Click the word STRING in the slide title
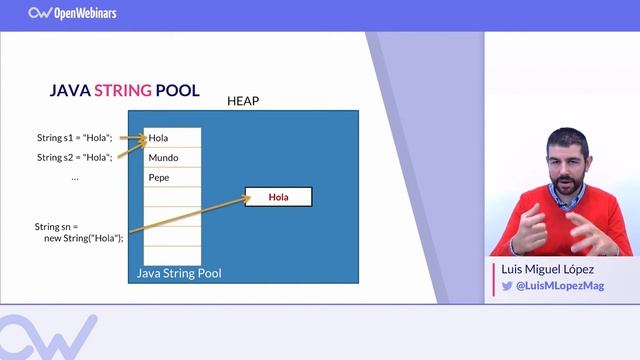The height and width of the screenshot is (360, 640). [123, 90]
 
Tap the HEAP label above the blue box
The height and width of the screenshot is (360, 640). [243, 101]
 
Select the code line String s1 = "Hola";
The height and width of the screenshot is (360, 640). [75, 137]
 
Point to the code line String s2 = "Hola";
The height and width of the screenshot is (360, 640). [75, 157]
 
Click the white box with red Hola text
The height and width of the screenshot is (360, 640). [278, 197]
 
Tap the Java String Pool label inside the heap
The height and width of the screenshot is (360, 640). [179, 273]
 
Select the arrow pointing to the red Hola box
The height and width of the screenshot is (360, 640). [190, 215]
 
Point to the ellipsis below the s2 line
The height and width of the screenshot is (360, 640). [75, 177]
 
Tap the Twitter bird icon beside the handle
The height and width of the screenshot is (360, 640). [507, 286]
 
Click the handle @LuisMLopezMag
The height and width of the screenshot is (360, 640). [554, 286]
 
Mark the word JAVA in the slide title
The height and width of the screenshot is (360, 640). [71, 90]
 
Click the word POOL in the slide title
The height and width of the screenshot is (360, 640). [178, 90]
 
